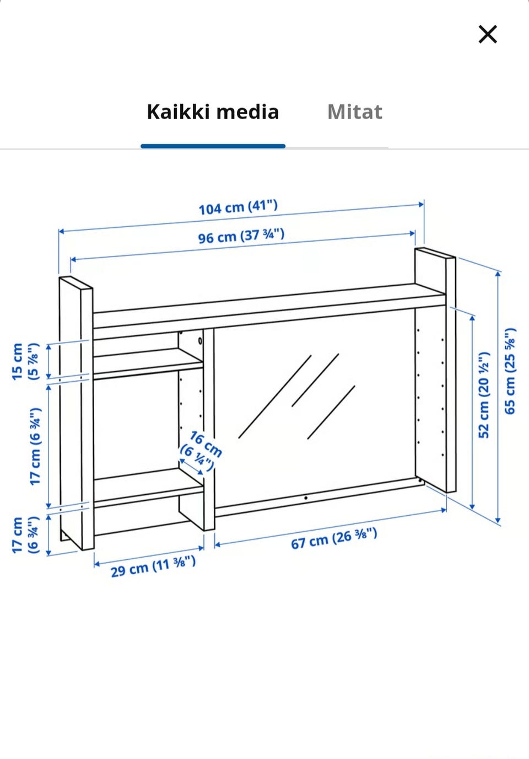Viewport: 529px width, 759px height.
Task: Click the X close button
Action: (487, 34)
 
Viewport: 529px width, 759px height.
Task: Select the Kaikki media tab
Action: (213, 111)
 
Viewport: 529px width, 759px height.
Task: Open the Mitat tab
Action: (355, 111)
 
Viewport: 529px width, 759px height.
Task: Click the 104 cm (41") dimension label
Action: (238, 207)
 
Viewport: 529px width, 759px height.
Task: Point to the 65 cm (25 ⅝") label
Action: (510, 371)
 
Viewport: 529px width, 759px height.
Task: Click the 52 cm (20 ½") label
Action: (484, 395)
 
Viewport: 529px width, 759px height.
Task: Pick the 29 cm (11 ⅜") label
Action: (153, 566)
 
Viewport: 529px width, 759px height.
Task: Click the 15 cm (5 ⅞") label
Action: (26, 361)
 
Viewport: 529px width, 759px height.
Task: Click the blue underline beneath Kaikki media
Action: (213, 146)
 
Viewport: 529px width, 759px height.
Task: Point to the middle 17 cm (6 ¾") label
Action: (35, 446)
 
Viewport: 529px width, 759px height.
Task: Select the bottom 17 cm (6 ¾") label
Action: (26, 536)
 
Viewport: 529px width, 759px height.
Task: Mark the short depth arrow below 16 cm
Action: (191, 467)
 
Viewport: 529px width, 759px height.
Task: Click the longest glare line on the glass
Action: (275, 397)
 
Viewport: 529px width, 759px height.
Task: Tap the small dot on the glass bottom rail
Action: (306, 498)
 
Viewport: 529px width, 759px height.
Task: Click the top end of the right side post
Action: (435, 253)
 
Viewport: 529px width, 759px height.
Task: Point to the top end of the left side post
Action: (76, 282)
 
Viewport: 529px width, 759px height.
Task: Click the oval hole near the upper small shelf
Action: (200, 340)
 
